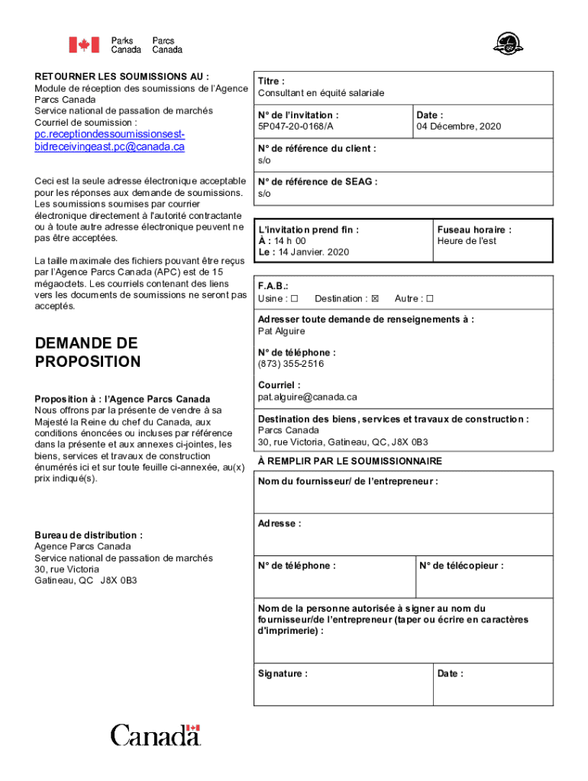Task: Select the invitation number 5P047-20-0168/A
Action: click(296, 127)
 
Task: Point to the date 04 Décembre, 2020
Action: click(458, 127)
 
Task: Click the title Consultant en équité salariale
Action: click(321, 93)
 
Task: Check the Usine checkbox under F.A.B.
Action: click(294, 298)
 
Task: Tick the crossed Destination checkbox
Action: click(375, 298)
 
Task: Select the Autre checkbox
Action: click(430, 298)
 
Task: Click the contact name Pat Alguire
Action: click(281, 331)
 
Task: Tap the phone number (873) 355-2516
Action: click(290, 364)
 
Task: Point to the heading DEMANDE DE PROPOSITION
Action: click(88, 352)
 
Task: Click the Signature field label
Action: click(283, 674)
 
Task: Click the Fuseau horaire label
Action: click(474, 230)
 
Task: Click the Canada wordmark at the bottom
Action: click(155, 736)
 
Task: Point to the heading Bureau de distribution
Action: click(89, 535)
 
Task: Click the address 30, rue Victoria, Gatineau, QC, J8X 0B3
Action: click(342, 442)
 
